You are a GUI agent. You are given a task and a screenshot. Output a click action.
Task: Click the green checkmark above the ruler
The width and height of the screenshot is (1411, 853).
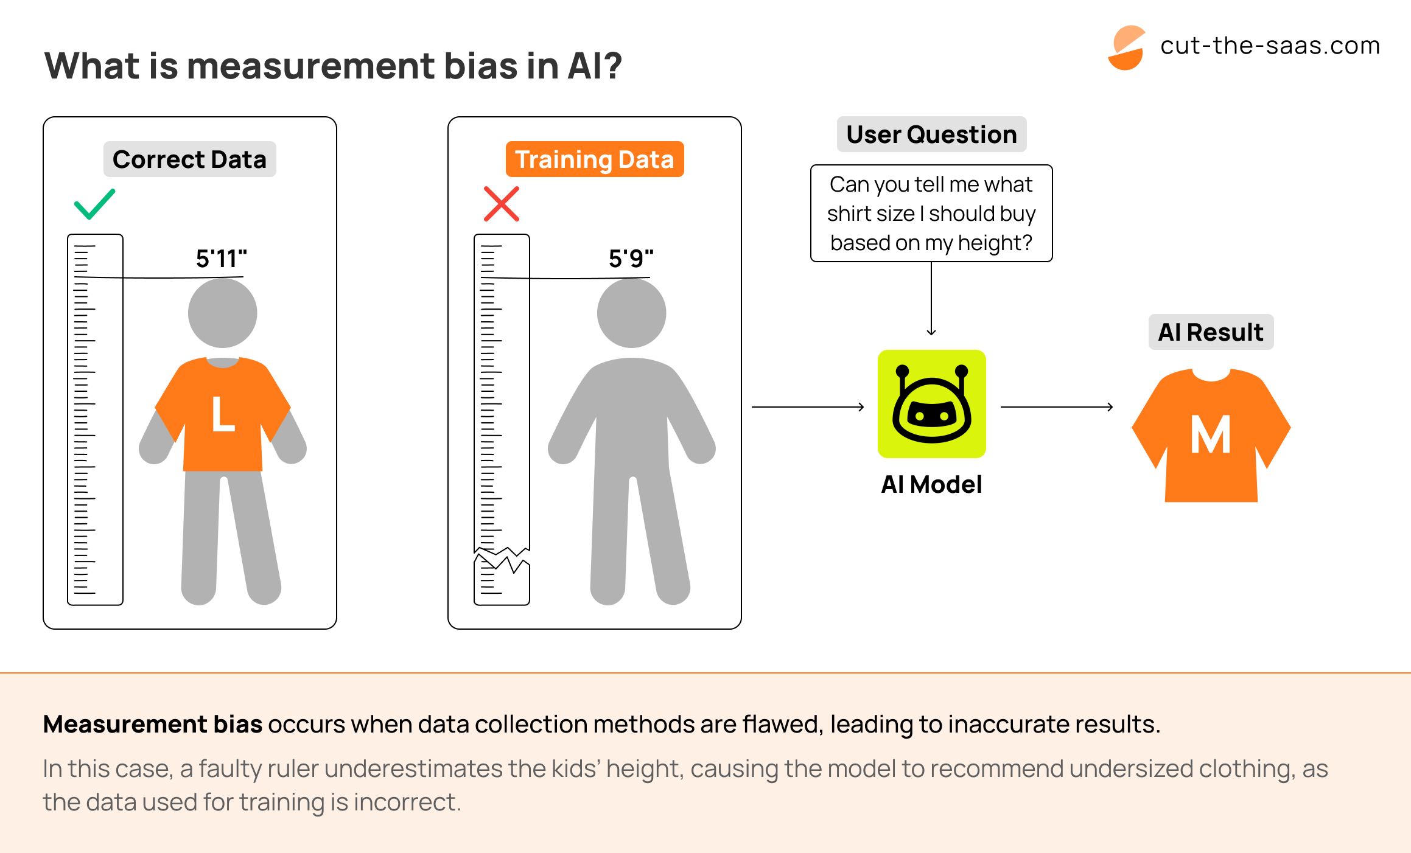94,204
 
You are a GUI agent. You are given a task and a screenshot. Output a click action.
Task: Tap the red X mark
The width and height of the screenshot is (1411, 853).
501,204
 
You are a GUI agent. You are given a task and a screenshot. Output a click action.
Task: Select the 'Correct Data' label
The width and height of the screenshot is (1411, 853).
189,159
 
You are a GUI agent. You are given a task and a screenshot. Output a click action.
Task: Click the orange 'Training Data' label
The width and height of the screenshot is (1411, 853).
594,159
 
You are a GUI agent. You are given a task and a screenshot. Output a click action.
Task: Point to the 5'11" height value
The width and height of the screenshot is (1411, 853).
221,259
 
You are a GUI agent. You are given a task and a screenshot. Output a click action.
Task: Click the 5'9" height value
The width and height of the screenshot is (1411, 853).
631,259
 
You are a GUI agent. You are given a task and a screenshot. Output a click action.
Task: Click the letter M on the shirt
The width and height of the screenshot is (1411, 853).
1211,435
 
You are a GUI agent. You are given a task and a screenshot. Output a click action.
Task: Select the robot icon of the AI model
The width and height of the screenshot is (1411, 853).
931,404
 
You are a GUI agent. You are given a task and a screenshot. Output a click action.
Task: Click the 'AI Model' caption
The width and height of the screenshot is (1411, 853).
931,484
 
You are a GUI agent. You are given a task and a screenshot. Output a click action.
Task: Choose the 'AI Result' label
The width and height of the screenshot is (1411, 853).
1210,332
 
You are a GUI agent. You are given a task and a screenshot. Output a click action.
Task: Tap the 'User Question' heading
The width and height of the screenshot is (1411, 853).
931,134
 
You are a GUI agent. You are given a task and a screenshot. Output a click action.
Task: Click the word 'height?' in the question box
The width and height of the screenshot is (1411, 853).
995,243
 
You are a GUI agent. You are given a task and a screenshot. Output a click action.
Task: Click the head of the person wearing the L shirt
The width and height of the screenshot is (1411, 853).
223,313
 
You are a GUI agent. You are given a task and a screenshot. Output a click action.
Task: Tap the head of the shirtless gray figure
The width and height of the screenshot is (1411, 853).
631,313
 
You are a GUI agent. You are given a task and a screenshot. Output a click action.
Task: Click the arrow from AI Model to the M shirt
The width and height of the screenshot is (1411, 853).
1057,407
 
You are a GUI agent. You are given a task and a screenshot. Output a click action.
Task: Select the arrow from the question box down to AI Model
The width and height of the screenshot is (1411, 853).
931,299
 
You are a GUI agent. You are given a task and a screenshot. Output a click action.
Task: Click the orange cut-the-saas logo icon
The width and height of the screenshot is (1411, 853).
1127,47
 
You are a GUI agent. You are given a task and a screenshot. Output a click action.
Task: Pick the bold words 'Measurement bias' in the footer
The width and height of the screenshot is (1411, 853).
153,724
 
